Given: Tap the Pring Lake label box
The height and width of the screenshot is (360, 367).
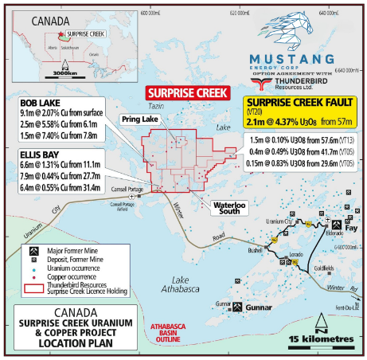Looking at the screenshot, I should click(x=140, y=119).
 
